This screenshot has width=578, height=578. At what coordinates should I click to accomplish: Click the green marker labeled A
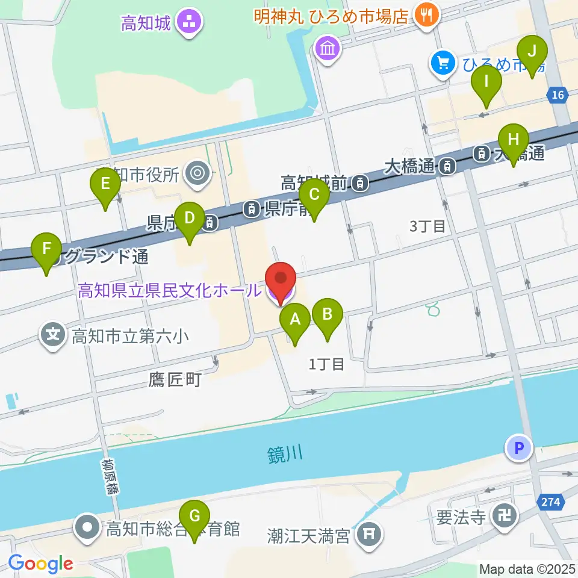pos(295,321)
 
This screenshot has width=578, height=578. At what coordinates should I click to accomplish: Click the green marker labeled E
pos(105,185)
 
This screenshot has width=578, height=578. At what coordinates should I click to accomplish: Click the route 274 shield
pos(553,502)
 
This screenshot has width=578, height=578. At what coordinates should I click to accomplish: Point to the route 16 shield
pos(558,94)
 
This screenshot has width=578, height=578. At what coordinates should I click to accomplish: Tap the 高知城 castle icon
pos(190,23)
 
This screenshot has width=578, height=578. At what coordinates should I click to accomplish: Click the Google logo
pos(41,563)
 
